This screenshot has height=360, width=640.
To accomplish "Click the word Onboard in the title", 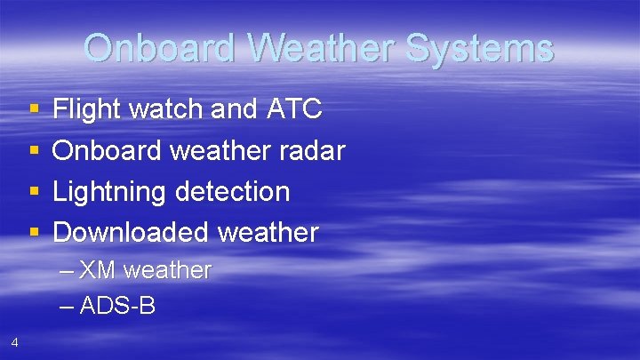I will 157,48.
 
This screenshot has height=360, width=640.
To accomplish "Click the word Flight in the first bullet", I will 87,109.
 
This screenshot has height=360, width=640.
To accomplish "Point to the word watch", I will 169,109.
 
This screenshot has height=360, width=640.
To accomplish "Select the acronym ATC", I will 293,109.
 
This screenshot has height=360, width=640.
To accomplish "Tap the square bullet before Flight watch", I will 35,110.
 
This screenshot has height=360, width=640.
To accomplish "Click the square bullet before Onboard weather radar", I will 35,151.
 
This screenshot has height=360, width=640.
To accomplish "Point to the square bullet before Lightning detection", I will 35,192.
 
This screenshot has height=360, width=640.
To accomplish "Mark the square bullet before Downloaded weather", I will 35,233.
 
